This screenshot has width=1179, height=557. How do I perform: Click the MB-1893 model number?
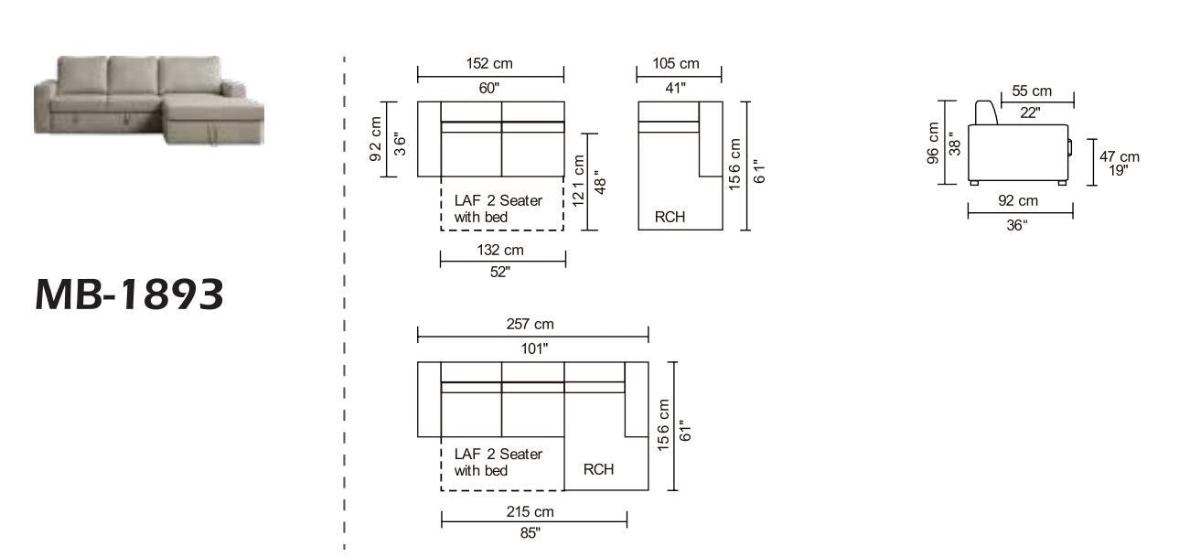point(130,295)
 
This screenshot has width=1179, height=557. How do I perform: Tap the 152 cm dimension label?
point(489,64)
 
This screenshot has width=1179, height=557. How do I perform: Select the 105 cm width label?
point(676,64)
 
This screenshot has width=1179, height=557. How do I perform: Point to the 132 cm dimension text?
point(500,250)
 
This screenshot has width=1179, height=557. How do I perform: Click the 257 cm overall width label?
point(530,325)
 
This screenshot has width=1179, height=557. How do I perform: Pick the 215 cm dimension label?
point(530,511)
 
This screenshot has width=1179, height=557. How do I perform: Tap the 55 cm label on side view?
point(1032,91)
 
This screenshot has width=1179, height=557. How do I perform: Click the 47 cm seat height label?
point(1120,157)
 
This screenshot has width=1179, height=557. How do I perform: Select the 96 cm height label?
point(933,144)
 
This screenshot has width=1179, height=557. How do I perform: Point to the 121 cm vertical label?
point(578,180)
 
